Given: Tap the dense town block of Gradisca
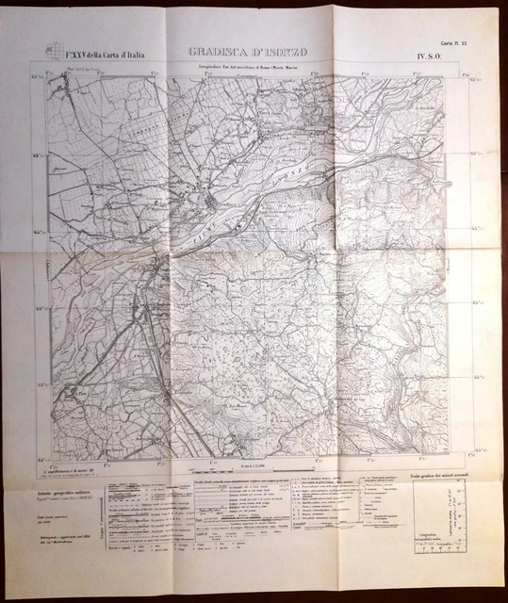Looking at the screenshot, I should point(212,204).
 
